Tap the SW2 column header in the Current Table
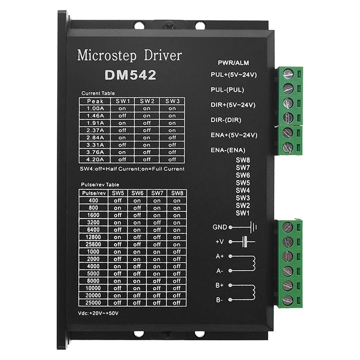147,101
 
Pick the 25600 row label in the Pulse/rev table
93,244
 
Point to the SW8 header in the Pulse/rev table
177,193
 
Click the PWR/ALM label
233,63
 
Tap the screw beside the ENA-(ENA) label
288,148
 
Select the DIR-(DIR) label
226,120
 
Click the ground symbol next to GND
253,227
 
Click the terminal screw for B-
288,300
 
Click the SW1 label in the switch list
242,213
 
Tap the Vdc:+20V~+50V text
98,313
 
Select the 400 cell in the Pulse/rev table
93,200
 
